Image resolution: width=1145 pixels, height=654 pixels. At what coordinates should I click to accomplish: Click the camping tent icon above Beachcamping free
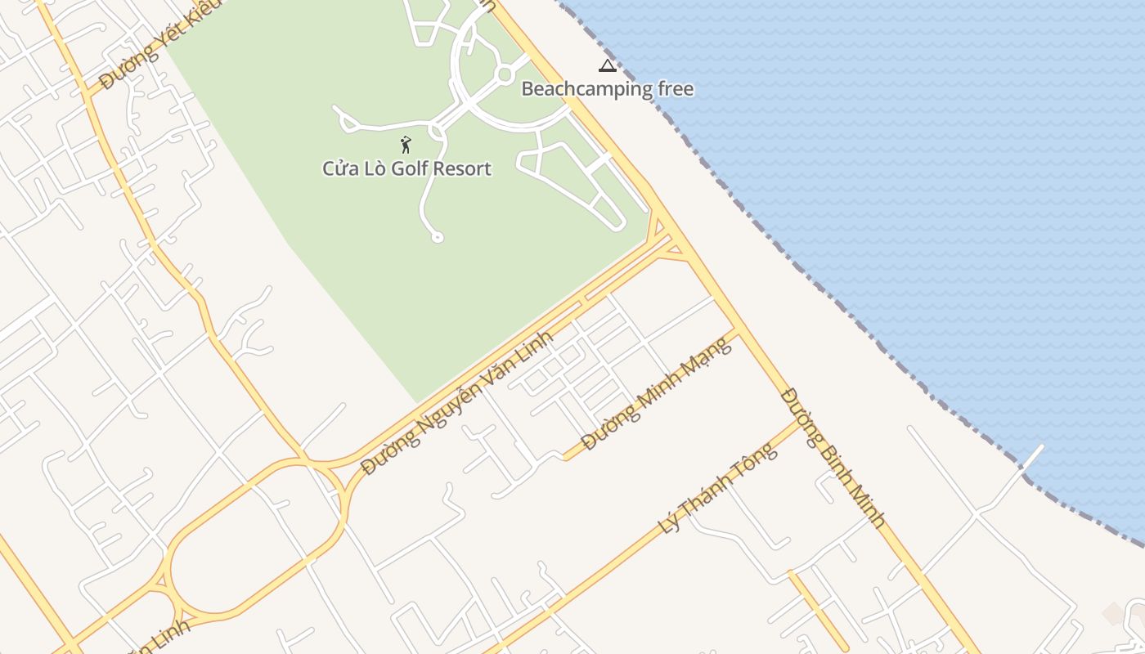click(607, 66)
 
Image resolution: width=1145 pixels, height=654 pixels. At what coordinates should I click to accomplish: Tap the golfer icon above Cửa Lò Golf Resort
click(406, 146)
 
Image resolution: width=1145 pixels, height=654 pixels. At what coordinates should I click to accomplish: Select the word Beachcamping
click(581, 89)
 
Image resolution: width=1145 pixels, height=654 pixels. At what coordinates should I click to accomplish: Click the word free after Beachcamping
click(670, 88)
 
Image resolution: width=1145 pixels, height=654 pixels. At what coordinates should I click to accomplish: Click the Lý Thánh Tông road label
click(716, 488)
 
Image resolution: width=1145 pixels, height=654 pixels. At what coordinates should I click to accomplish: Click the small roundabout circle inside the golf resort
click(505, 74)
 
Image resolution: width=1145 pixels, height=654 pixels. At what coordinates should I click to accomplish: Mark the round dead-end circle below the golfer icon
click(438, 237)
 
